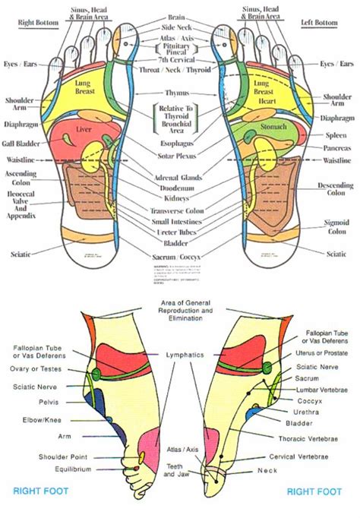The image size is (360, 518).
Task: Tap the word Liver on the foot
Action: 84,131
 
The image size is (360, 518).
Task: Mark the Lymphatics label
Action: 179,355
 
